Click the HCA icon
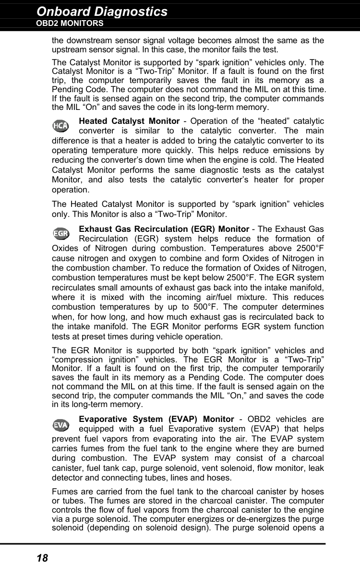point(60,126)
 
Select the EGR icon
point(60,234)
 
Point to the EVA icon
point(60,425)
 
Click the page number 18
point(42,558)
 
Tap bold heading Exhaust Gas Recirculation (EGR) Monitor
point(164,229)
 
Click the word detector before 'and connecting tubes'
point(67,478)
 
